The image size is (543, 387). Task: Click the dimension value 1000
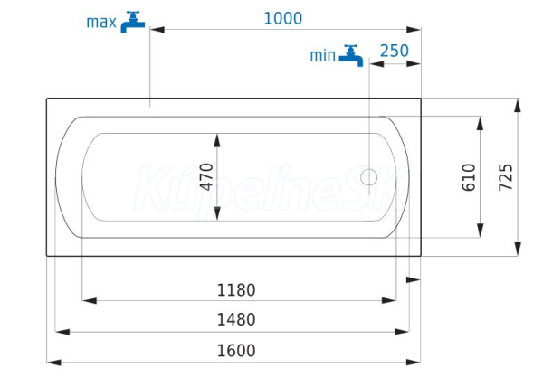(283, 18)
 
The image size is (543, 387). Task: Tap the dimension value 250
(395, 52)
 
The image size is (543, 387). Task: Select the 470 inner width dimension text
(206, 176)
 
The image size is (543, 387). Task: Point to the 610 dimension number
(469, 177)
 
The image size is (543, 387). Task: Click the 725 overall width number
(506, 177)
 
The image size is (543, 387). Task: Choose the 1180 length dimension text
(236, 290)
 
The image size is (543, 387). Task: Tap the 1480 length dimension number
(236, 319)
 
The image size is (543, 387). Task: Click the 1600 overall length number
(236, 351)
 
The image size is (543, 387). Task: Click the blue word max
(101, 23)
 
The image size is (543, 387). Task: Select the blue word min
(322, 56)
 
